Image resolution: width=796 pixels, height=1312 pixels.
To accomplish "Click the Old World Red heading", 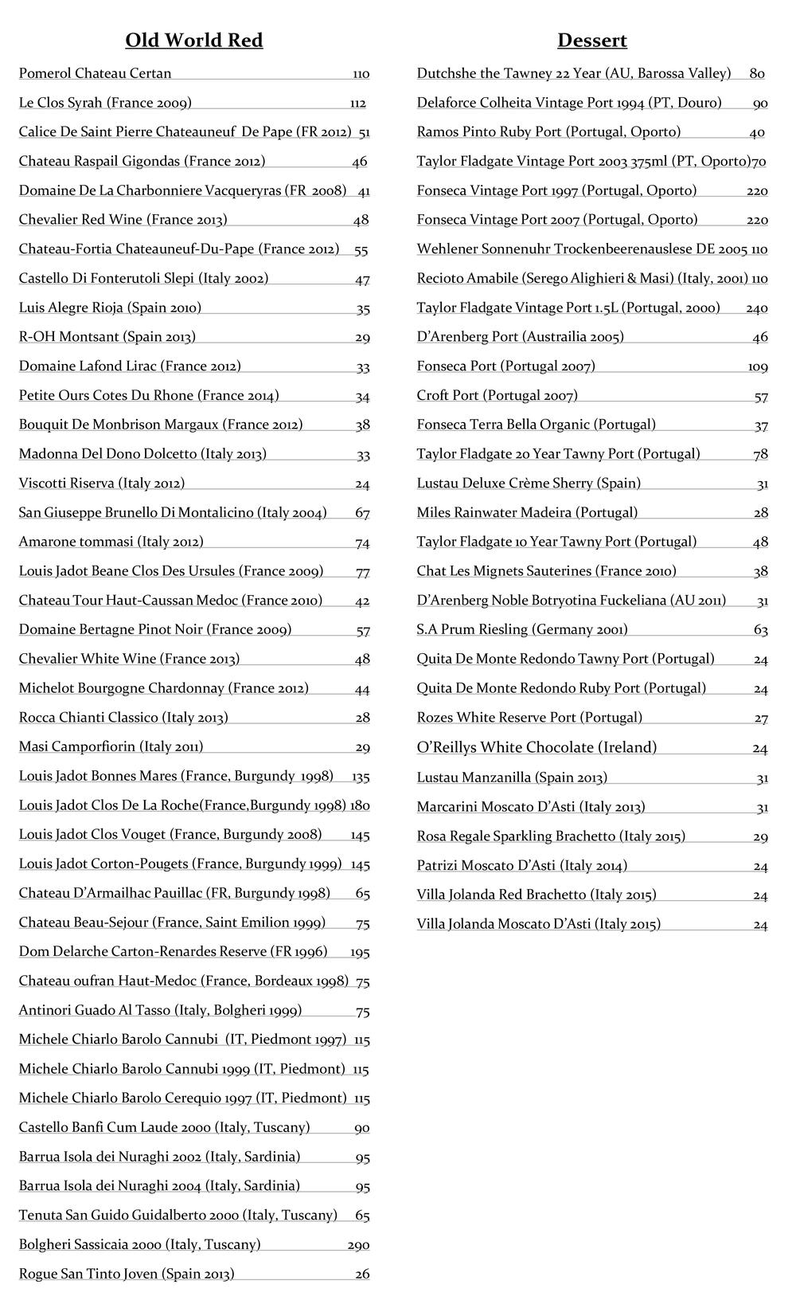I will [194, 41].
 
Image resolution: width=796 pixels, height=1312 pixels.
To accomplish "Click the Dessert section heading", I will [592, 41].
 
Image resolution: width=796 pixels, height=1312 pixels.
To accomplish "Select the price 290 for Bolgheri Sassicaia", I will [358, 1245].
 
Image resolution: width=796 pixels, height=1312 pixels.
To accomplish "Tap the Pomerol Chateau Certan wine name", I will [96, 73].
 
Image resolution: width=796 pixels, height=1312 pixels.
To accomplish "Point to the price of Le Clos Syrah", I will [357, 104].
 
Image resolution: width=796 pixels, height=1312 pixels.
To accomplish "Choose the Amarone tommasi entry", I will [111, 542].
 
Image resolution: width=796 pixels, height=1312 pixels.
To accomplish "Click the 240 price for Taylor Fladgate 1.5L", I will [756, 308].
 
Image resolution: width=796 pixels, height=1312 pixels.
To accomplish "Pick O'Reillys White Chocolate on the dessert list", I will [537, 747].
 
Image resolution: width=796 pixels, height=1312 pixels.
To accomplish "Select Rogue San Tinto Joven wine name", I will [127, 1274].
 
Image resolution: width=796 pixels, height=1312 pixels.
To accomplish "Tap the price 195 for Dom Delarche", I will [360, 952].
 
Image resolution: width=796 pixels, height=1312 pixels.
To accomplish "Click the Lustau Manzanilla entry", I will [512, 777].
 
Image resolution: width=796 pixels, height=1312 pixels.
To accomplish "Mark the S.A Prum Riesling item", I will [522, 629].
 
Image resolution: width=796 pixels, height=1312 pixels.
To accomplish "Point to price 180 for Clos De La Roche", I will [360, 805].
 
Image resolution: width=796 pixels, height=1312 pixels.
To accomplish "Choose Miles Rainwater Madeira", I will [527, 512].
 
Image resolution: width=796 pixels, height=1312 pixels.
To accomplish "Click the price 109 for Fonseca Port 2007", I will [758, 367].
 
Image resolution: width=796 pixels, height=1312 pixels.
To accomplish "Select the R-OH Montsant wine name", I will [107, 337].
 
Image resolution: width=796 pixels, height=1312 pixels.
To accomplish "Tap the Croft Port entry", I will [497, 395].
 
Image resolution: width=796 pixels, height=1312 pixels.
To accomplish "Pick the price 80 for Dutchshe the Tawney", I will [756, 74].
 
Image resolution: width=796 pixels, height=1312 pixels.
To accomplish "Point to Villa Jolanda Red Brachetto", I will [537, 895].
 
